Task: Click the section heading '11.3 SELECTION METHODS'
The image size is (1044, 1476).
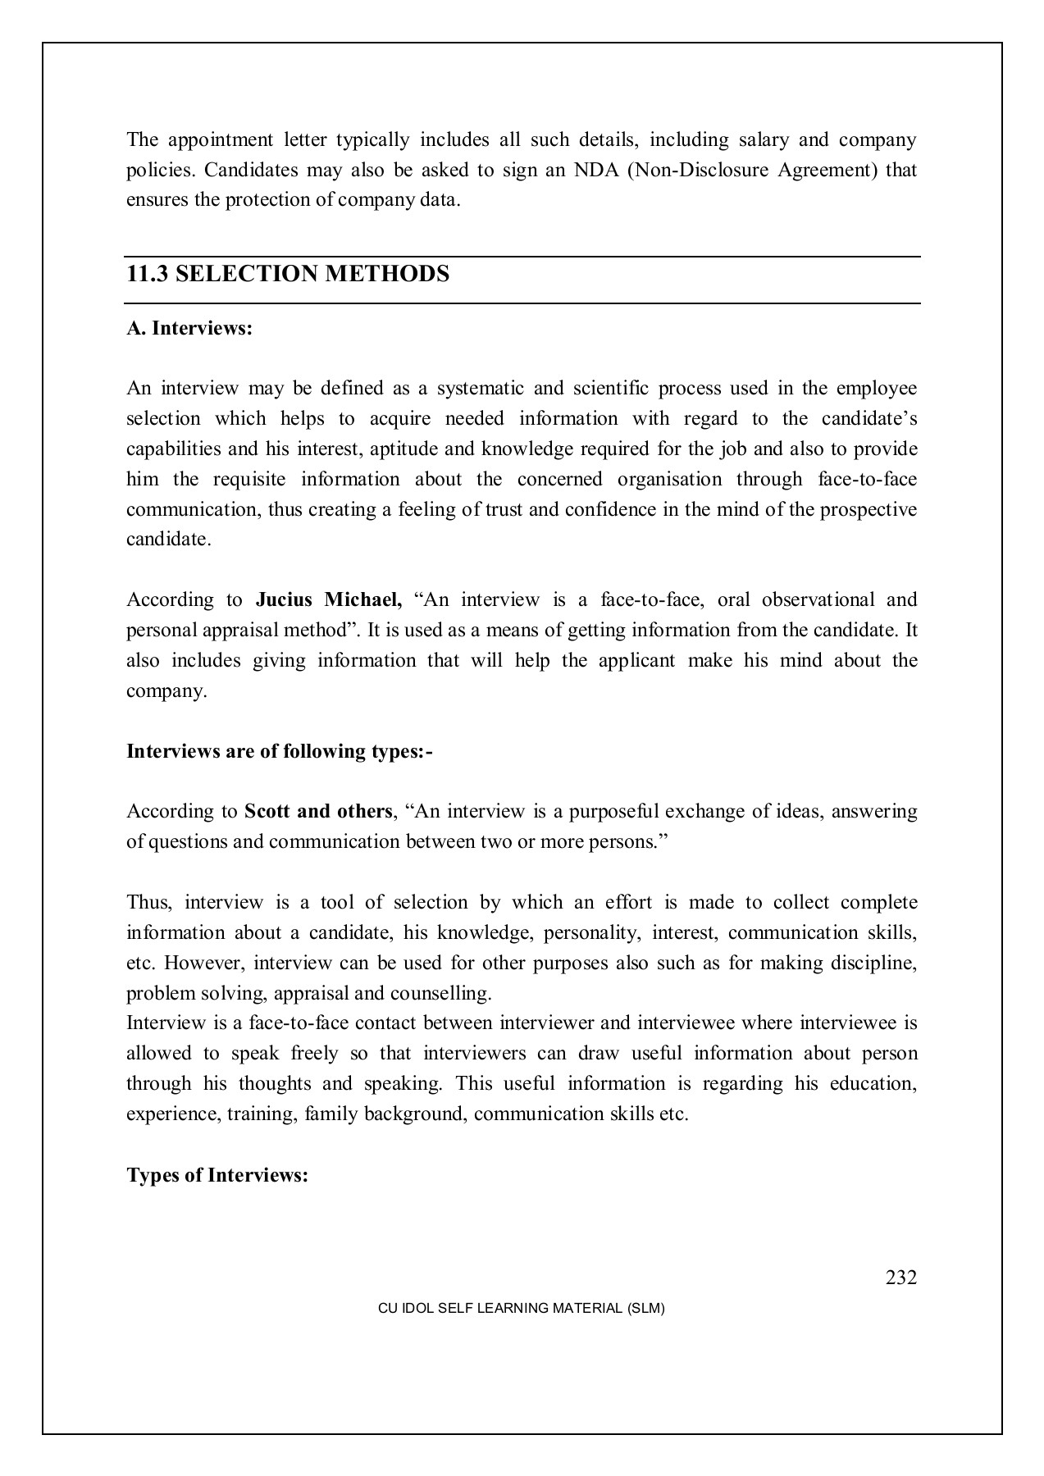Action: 288,274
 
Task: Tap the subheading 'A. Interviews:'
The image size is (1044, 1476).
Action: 189,329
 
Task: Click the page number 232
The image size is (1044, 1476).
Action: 900,1278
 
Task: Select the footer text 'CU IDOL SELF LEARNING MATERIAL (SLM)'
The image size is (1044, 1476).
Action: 521,1309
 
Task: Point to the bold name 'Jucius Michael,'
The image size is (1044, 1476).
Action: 329,600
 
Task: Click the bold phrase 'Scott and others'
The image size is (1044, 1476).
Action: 318,812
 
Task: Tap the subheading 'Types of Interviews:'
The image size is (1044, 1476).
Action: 217,1175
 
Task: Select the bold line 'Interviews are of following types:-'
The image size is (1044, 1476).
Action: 279,752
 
